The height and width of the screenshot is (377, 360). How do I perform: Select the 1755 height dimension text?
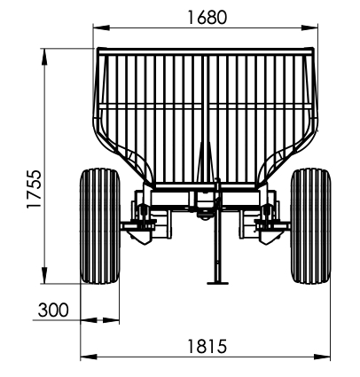(34, 187)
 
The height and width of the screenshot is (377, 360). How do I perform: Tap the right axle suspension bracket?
(269, 218)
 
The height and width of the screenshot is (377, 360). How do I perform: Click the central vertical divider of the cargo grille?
(204, 115)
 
